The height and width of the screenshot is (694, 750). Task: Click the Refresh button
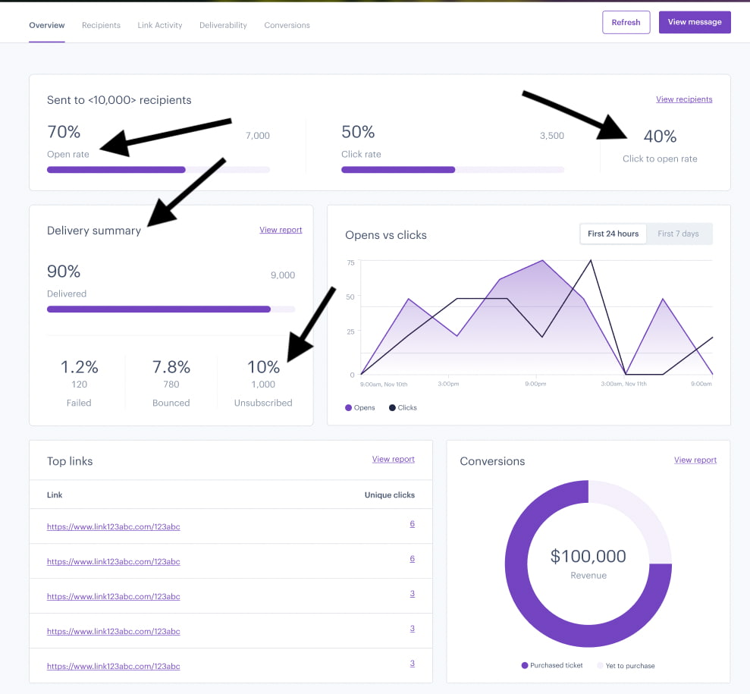click(626, 23)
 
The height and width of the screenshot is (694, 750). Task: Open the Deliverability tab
click(223, 25)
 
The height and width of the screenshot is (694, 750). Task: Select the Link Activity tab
click(160, 25)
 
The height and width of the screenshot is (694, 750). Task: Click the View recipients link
click(684, 99)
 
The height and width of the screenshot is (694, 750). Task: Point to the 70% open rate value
click(64, 132)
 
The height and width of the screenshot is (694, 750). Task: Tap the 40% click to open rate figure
click(660, 137)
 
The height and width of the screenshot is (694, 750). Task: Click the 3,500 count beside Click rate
click(552, 136)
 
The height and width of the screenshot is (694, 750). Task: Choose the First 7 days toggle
click(678, 234)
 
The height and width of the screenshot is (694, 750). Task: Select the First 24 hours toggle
click(613, 234)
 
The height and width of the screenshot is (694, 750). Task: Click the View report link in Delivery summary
click(281, 230)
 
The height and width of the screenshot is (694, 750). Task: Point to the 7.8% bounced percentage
click(171, 367)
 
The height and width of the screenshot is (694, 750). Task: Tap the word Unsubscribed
click(263, 403)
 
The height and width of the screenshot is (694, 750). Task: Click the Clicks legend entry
click(403, 407)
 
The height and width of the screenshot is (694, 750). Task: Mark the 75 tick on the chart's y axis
click(350, 262)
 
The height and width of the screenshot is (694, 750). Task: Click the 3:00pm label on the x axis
click(448, 384)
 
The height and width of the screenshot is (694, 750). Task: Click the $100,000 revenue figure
click(588, 556)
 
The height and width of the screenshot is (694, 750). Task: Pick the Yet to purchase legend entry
click(626, 665)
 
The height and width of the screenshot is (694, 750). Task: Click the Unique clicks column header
click(389, 495)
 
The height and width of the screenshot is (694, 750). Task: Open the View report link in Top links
click(393, 459)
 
